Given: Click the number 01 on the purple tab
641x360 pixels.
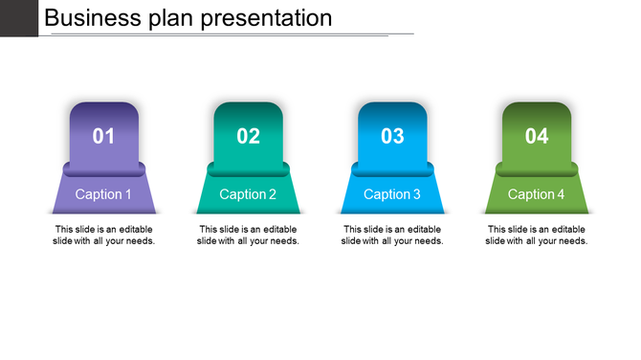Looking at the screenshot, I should pyautogui.click(x=103, y=136).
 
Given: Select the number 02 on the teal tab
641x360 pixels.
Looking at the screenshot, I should pyautogui.click(x=248, y=136).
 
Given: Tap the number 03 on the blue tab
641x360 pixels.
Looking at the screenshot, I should pyautogui.click(x=392, y=136).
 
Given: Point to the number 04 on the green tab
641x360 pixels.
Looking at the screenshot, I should pyautogui.click(x=537, y=136).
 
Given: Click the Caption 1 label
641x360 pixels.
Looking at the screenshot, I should pyautogui.click(x=103, y=194).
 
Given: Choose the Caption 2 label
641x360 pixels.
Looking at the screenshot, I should pyautogui.click(x=248, y=194).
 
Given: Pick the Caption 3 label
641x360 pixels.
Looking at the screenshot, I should pyautogui.click(x=392, y=194).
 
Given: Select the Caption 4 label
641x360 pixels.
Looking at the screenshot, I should pyautogui.click(x=537, y=194).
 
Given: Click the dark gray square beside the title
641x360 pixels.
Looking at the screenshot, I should pyautogui.click(x=18, y=17).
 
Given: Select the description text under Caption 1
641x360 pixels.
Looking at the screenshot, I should pyautogui.click(x=103, y=236).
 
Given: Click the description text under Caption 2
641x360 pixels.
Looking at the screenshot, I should pyautogui.click(x=248, y=236).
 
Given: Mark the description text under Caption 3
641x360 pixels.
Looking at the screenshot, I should pyautogui.click(x=392, y=236).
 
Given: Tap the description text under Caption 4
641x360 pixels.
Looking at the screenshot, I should pyautogui.click(x=537, y=236).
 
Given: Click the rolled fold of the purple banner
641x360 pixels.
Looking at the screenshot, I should pyautogui.click(x=103, y=169).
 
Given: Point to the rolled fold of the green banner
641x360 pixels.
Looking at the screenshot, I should pyautogui.click(x=537, y=169).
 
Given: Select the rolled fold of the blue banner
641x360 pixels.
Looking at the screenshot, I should pyautogui.click(x=392, y=169).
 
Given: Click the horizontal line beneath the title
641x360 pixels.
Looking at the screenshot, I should pyautogui.click(x=230, y=34).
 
